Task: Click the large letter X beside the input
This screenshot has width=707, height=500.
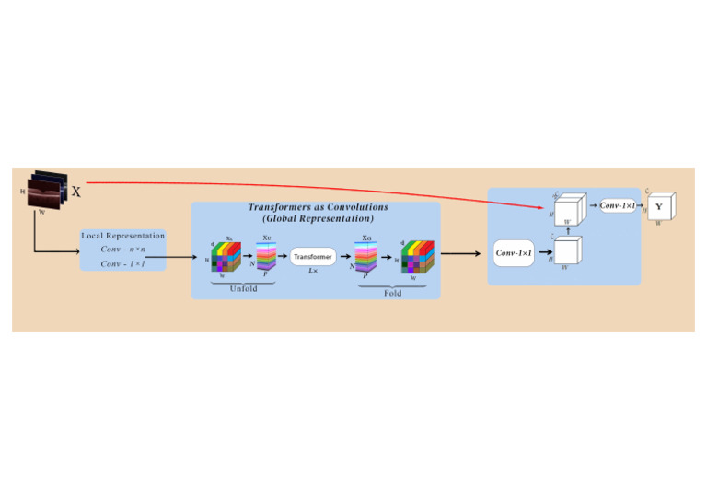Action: click(x=75, y=192)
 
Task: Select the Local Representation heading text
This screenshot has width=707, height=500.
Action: click(x=123, y=236)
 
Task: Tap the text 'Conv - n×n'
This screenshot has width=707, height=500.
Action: click(x=122, y=250)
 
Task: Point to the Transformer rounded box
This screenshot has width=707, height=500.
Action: click(x=313, y=257)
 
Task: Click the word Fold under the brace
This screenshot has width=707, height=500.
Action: click(x=393, y=292)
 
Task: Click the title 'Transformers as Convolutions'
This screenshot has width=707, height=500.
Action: click(x=318, y=207)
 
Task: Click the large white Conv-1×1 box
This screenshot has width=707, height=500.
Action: click(x=514, y=252)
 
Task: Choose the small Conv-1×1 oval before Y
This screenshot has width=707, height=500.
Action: click(x=618, y=205)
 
